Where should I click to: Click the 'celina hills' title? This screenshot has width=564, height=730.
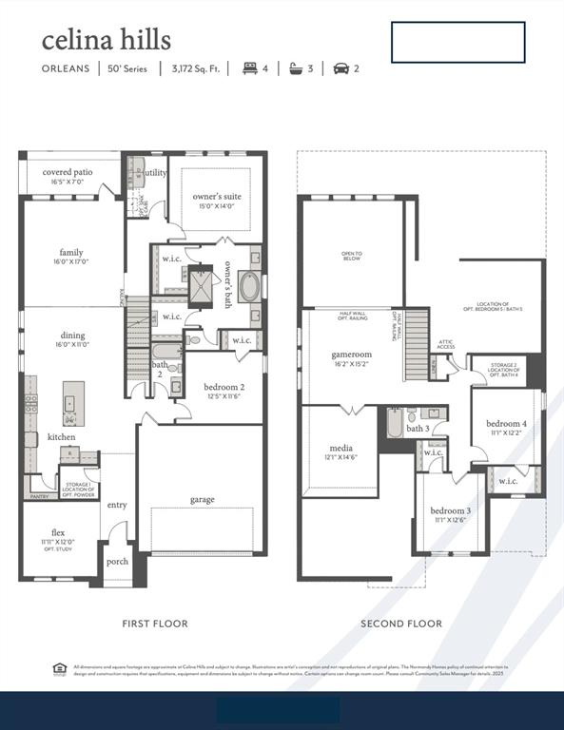[x=106, y=40]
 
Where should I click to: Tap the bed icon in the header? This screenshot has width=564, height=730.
[x=251, y=68]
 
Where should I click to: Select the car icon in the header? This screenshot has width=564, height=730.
[x=340, y=68]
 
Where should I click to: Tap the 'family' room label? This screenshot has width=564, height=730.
[x=70, y=253]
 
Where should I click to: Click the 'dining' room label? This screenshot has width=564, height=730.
[x=72, y=335]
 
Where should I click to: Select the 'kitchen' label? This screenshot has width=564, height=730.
[x=62, y=437]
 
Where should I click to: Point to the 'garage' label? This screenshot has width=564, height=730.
[x=202, y=499]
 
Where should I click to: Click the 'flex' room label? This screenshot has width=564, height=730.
[x=58, y=532]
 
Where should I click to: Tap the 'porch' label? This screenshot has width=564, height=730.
[x=117, y=561]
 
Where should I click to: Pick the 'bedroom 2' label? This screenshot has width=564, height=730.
[x=224, y=387]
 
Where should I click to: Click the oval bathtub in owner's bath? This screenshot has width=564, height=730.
[x=249, y=287]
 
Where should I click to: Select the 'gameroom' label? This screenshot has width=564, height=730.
[x=351, y=355]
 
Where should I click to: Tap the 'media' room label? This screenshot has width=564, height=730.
[x=340, y=448]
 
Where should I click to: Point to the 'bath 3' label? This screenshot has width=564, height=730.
[x=418, y=429]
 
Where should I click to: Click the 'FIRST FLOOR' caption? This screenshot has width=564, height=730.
[x=155, y=624]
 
